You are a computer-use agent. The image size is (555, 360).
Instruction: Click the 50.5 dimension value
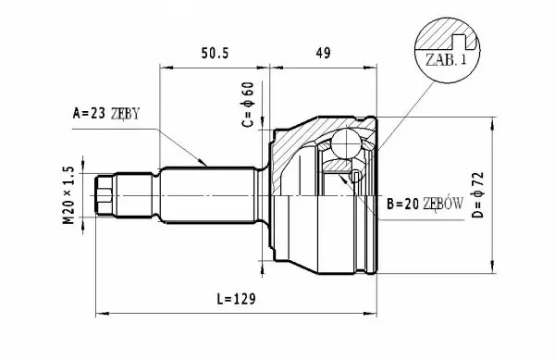(216, 53)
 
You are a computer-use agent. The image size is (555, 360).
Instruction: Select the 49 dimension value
(323, 53)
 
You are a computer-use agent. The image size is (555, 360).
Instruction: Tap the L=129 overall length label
(236, 299)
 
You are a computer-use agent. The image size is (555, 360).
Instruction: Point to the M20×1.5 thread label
(69, 195)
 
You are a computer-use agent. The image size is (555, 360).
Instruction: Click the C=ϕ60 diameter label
(248, 105)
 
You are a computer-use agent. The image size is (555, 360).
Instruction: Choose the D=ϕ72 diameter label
(478, 195)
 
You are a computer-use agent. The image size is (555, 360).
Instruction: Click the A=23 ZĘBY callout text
(106, 114)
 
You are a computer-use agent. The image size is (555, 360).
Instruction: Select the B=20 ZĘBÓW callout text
(425, 204)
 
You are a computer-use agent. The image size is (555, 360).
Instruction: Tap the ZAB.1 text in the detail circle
(446, 59)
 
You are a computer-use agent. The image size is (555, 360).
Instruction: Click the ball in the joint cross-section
(346, 143)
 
